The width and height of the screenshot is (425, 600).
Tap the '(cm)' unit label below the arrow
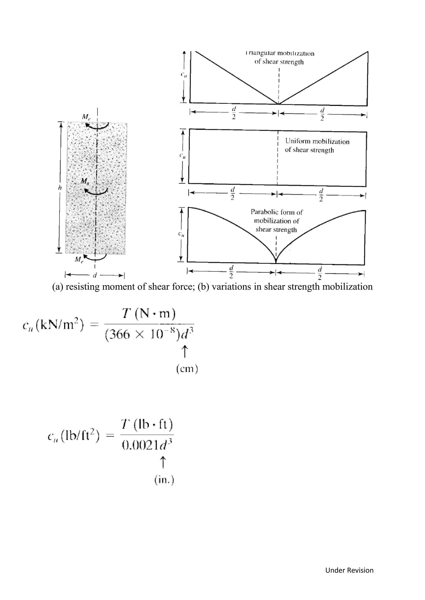(187, 369)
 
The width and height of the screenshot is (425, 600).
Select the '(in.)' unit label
(164, 480)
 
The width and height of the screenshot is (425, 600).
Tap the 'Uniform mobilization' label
(317, 141)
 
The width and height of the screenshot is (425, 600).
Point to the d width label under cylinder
(95, 275)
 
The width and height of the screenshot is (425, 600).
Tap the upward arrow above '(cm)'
(185, 351)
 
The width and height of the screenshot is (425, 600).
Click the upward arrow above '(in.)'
(163, 462)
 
